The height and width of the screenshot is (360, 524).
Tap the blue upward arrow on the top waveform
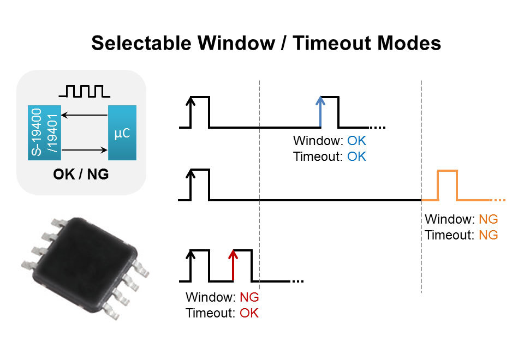[320, 111]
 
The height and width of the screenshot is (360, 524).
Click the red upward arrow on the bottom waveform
[233, 266]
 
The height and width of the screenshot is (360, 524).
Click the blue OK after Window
[356, 141]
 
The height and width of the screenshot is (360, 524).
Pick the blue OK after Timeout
[356, 157]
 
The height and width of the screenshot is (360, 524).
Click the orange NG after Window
[488, 219]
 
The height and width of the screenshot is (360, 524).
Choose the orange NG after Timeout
[488, 235]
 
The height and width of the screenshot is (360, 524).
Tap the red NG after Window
[249, 297]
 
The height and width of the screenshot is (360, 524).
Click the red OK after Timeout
[249, 313]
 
